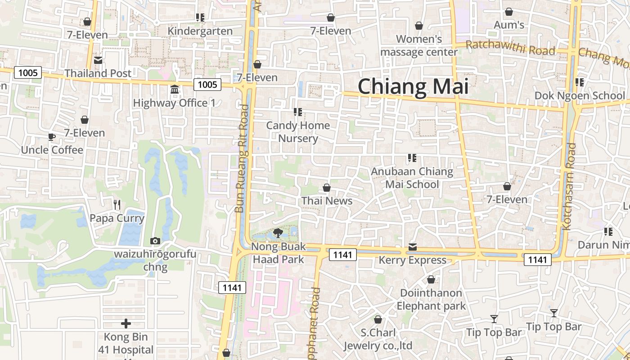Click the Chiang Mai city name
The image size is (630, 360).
tap(413, 86)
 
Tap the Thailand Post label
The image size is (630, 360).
tap(98, 73)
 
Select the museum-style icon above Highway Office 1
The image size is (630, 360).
tap(175, 90)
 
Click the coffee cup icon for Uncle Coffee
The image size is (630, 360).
tap(52, 137)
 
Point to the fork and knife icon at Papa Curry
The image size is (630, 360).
tap(117, 205)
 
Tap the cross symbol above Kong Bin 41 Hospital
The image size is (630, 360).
tap(126, 324)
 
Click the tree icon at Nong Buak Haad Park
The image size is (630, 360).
tap(278, 233)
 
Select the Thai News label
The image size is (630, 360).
tap(327, 201)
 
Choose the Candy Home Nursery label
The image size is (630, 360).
tap(298, 132)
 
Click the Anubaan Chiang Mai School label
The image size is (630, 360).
tap(412, 178)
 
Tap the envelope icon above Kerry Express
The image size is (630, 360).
tap(413, 247)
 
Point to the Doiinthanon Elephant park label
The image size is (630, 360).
tap(431, 299)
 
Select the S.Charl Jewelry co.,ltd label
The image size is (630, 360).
tap(378, 339)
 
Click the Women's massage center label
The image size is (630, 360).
tap(419, 45)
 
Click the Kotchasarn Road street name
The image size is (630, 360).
tap(570, 186)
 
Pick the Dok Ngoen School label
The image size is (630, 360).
tap(580, 95)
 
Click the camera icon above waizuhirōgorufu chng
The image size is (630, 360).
tap(155, 241)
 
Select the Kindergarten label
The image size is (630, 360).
tap(200, 31)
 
